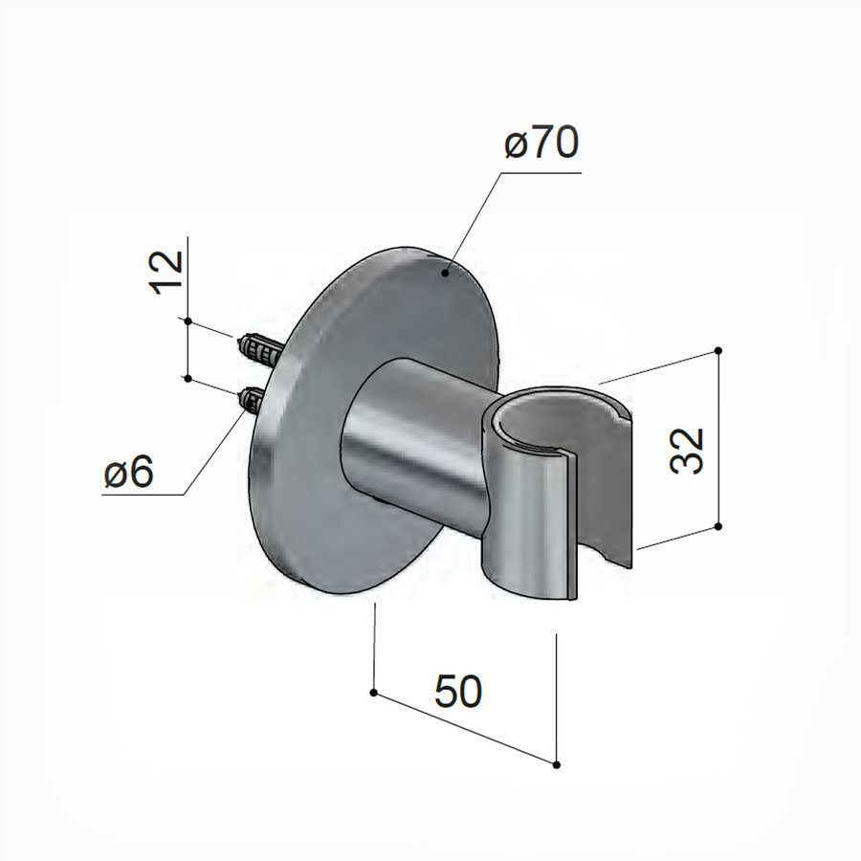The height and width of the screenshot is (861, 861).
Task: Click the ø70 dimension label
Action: (x=541, y=145)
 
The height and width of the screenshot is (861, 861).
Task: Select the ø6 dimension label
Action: (x=129, y=473)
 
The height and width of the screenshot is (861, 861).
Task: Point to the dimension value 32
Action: (x=686, y=450)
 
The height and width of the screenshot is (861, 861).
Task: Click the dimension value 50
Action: (x=458, y=692)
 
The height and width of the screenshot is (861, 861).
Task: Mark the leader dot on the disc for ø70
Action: (x=445, y=274)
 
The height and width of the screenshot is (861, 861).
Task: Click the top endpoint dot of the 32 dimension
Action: (x=717, y=351)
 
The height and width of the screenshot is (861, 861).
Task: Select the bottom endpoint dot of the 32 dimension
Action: (x=717, y=526)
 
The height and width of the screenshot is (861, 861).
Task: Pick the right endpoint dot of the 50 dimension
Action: (x=556, y=762)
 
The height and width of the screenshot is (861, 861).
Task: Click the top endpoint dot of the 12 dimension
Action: (x=188, y=321)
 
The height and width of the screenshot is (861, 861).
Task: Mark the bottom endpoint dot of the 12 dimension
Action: (x=188, y=379)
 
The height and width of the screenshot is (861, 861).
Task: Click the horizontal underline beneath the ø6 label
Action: (x=143, y=495)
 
